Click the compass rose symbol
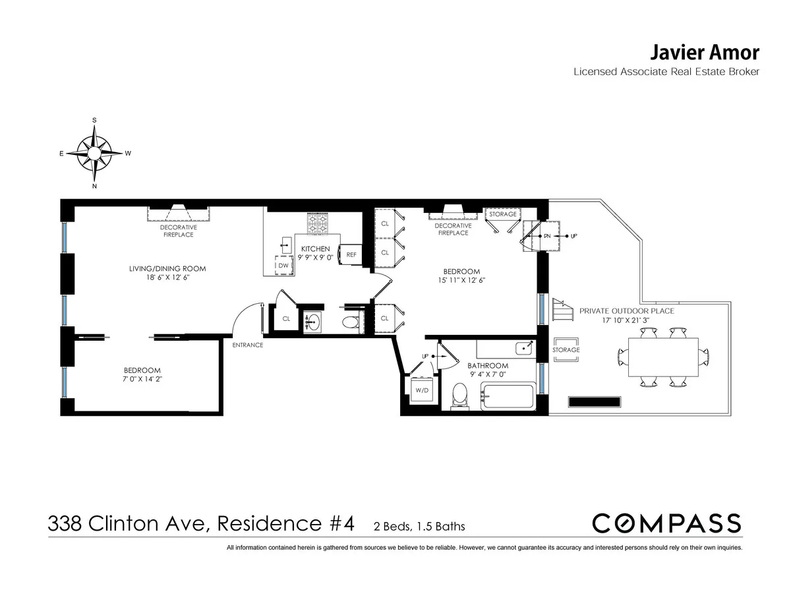(94, 154)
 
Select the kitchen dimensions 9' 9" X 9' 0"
(316, 258)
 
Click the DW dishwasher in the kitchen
(283, 265)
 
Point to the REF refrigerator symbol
(350, 254)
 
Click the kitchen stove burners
(316, 224)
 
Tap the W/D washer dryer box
(421, 389)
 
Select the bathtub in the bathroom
(506, 397)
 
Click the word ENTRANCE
(248, 345)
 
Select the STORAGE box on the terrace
(566, 349)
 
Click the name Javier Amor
(705, 53)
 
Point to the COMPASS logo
(666, 523)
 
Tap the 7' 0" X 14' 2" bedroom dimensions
(143, 380)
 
